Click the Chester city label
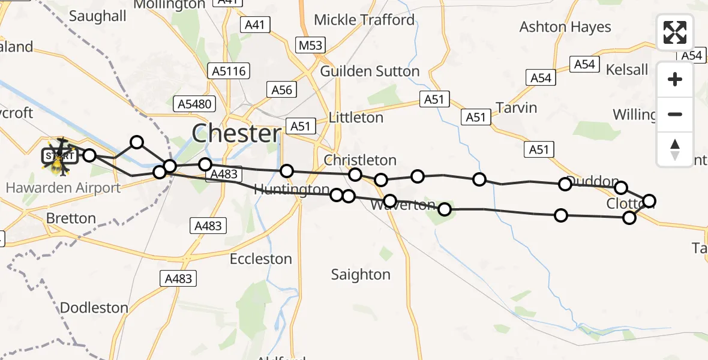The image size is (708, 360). pyautogui.click(x=236, y=133)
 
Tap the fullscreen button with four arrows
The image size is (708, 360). pyautogui.click(x=675, y=32)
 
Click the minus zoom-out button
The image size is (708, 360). pyautogui.click(x=675, y=114)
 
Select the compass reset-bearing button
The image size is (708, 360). pyautogui.click(x=675, y=149)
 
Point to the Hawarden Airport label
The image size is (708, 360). pyautogui.click(x=63, y=188)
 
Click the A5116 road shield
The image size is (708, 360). pyautogui.click(x=229, y=71)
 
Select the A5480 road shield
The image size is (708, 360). pyautogui.click(x=194, y=104)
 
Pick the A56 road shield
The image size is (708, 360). pyautogui.click(x=281, y=90)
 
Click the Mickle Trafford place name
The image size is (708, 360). pyautogui.click(x=364, y=20)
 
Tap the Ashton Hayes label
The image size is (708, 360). pyautogui.click(x=565, y=27)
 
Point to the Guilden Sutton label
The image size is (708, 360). pyautogui.click(x=370, y=71)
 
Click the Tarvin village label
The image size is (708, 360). pyautogui.click(x=516, y=108)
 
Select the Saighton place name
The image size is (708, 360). pyautogui.click(x=361, y=275)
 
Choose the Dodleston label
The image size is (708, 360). pyautogui.click(x=94, y=308)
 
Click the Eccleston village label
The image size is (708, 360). pyautogui.click(x=261, y=259)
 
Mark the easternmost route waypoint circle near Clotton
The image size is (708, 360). pyautogui.click(x=649, y=200)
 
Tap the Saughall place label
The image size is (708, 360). pyautogui.click(x=98, y=16)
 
